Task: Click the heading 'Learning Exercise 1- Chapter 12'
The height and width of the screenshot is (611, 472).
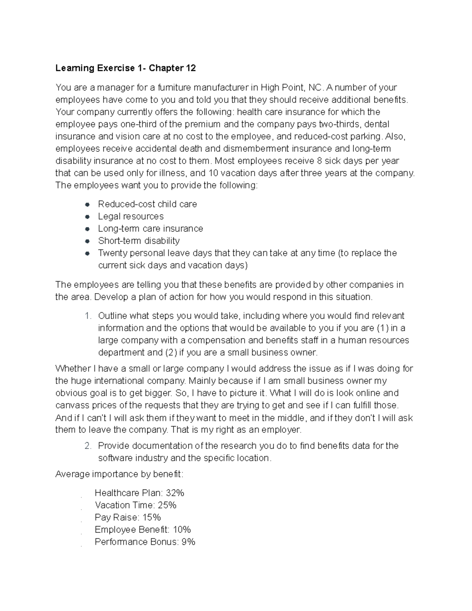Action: pyautogui.click(x=125, y=68)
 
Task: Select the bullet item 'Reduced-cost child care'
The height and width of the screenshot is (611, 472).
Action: pyautogui.click(x=147, y=204)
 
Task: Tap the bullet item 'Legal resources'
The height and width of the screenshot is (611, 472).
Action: pyautogui.click(x=131, y=216)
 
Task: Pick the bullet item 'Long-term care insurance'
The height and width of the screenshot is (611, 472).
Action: pyautogui.click(x=150, y=229)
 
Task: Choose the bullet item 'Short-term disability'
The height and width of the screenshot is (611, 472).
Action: pyautogui.click(x=138, y=241)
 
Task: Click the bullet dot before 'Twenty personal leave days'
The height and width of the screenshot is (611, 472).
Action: pyautogui.click(x=87, y=253)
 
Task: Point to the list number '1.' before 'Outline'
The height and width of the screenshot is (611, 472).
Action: pyautogui.click(x=88, y=316)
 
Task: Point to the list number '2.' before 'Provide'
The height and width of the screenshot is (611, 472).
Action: pyautogui.click(x=88, y=446)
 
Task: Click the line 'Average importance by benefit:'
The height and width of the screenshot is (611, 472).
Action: pyautogui.click(x=119, y=474)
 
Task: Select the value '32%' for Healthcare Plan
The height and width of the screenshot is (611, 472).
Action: pyautogui.click(x=175, y=493)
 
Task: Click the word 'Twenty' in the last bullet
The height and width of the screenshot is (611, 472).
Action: pyautogui.click(x=112, y=253)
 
